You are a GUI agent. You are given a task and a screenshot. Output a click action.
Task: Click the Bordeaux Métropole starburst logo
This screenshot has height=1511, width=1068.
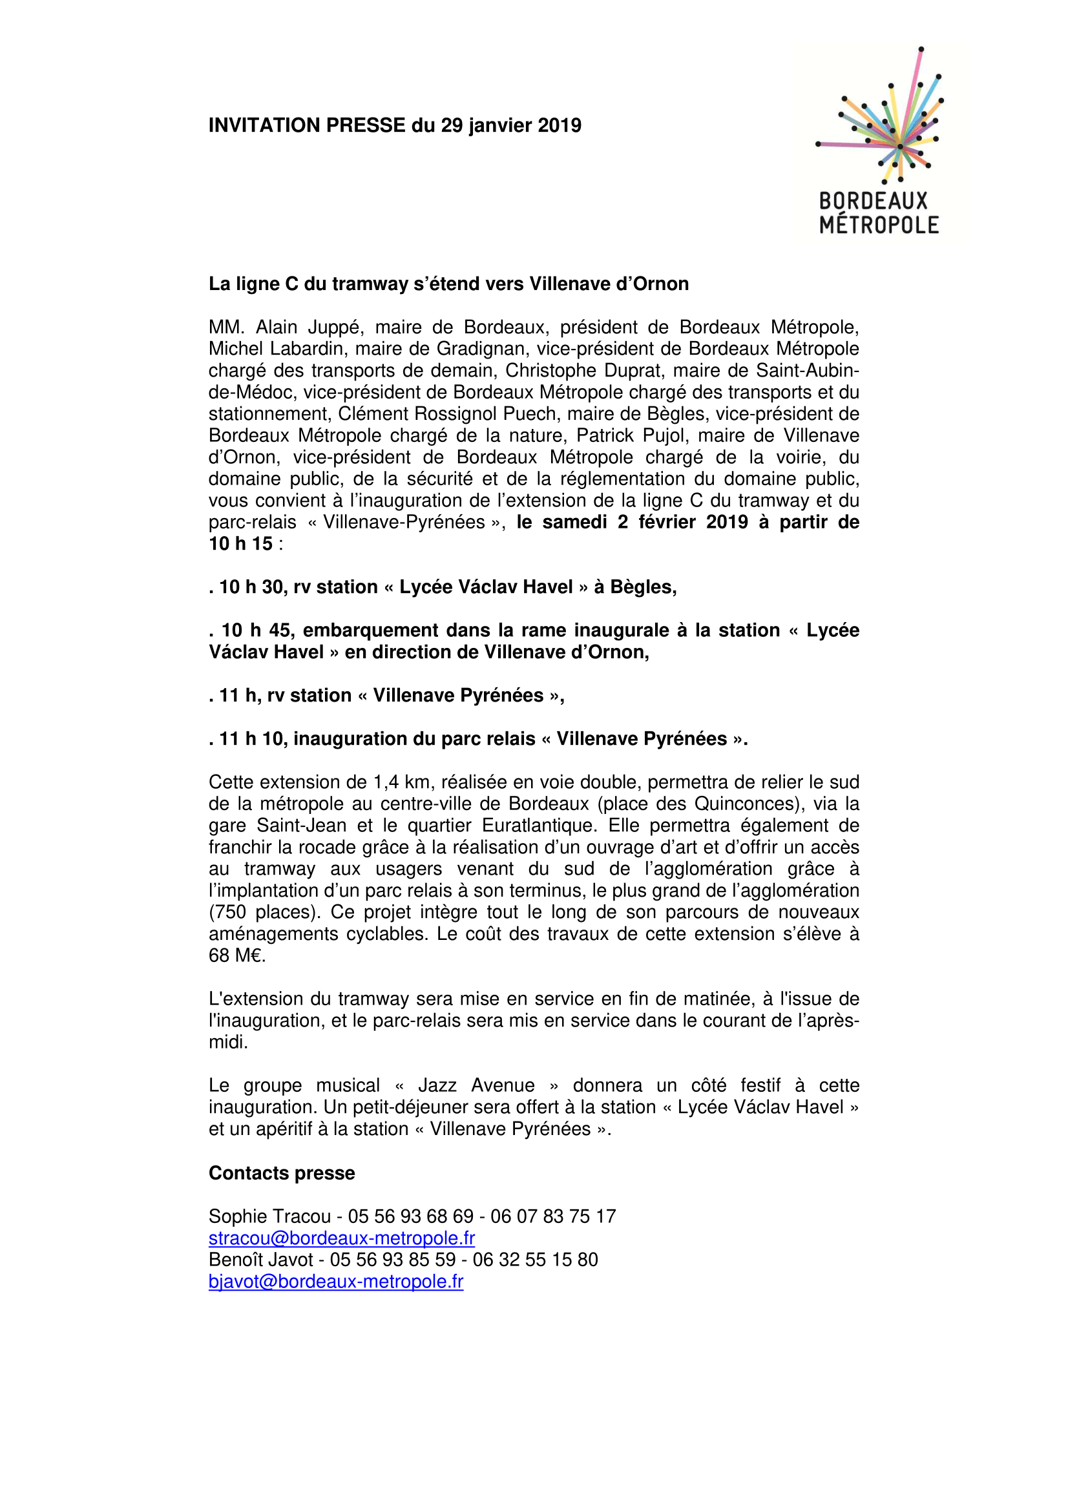(880, 140)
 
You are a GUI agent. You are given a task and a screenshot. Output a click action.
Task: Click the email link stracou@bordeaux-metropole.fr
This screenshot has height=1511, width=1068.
(342, 1238)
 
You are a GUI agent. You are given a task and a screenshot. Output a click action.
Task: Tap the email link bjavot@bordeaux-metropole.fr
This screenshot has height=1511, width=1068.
(335, 1281)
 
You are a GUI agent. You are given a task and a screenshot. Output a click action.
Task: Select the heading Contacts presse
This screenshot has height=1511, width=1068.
(282, 1172)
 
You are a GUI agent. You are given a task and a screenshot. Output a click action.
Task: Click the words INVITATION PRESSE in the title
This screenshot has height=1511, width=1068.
(307, 125)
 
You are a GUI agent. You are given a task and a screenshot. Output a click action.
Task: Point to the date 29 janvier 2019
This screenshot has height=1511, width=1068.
(510, 125)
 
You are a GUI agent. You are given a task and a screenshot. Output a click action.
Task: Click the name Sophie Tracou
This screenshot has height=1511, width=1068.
(270, 1216)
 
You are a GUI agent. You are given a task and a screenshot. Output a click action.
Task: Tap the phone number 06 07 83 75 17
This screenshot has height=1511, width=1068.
(553, 1216)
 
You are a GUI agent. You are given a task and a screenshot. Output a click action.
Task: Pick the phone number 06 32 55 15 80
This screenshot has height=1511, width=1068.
(535, 1260)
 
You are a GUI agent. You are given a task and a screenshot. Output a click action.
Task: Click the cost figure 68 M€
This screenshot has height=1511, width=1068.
(236, 955)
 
